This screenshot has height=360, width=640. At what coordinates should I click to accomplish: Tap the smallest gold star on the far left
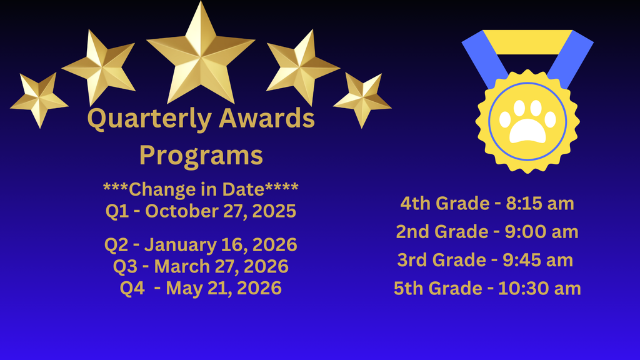39,99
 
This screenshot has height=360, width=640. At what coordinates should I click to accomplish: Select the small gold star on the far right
362,99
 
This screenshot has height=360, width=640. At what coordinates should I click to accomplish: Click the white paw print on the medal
527,120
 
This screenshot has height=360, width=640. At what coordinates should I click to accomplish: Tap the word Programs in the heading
201,154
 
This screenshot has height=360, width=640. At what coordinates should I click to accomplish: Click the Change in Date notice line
201,189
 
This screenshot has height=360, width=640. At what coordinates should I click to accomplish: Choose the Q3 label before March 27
126,266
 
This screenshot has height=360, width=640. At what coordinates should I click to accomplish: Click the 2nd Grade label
441,232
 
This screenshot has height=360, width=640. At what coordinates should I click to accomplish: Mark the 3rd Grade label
442,259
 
